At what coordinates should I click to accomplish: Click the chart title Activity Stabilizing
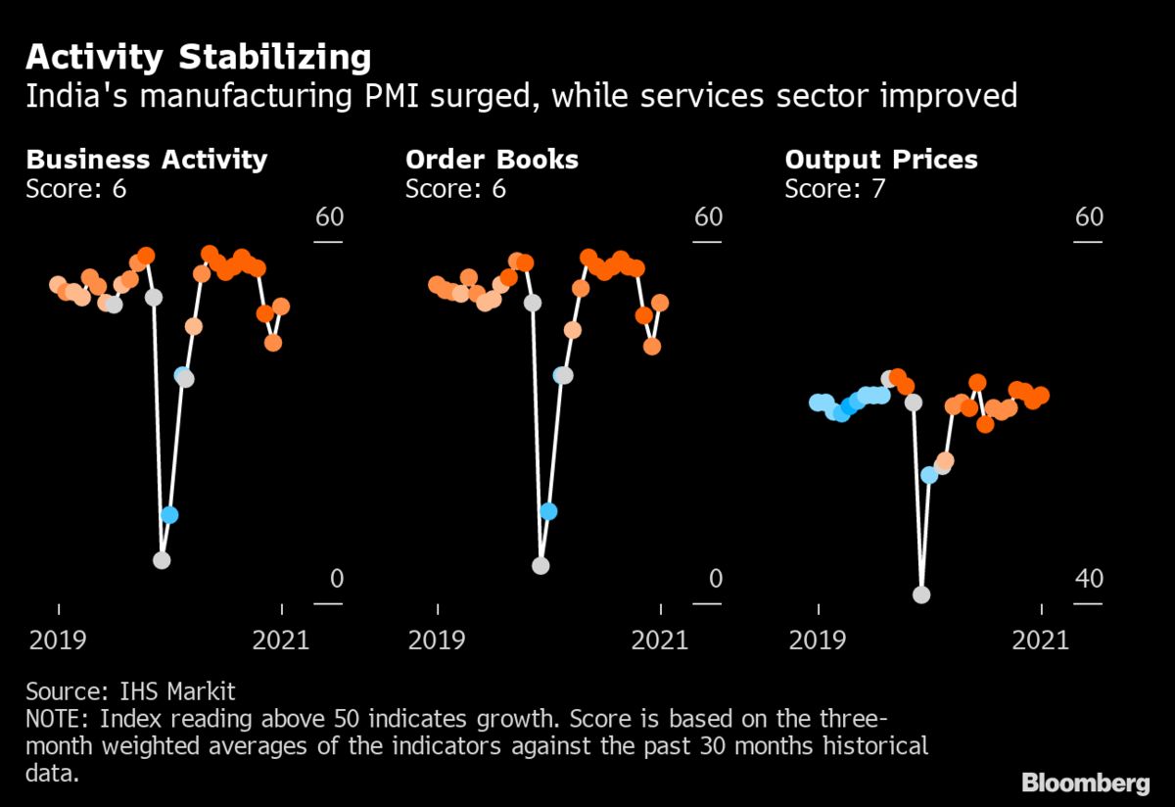click(198, 57)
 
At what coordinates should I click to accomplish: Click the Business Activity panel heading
click(146, 160)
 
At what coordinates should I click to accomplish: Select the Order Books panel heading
click(492, 160)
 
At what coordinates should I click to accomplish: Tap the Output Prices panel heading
click(881, 160)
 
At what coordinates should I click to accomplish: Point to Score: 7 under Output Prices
click(834, 189)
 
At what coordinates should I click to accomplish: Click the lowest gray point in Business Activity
click(162, 560)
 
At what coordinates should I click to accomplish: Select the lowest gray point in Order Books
click(540, 565)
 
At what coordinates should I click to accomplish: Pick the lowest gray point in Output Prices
click(920, 594)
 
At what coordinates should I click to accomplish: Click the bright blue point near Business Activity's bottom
click(169, 514)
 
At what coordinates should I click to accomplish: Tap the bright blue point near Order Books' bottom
click(548, 511)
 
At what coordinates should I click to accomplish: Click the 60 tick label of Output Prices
click(1089, 216)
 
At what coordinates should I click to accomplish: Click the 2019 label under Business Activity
click(58, 641)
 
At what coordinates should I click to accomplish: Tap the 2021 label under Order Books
click(659, 641)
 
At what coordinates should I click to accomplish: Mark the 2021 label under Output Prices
click(1039, 641)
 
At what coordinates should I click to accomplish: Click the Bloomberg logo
click(1085, 783)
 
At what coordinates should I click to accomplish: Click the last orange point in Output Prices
click(1041, 395)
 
